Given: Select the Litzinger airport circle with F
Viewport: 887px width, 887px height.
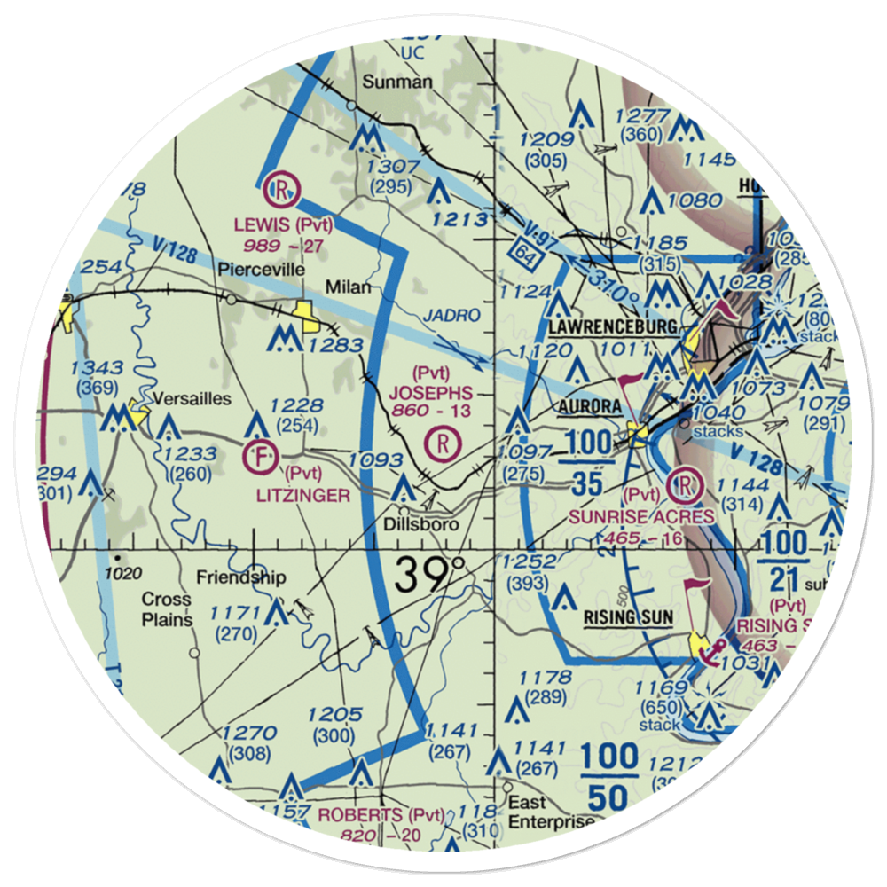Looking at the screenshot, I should coord(259,457).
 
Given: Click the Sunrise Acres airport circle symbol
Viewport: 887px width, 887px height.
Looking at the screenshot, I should coord(687,484).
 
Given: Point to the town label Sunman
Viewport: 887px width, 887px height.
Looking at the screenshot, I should coord(397,82).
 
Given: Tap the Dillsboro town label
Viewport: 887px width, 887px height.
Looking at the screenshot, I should coord(421,524).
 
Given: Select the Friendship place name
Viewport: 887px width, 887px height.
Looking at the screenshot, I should coord(241,578).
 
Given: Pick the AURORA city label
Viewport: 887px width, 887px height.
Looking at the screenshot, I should coord(590,405).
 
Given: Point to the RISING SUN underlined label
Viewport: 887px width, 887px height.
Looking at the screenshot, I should coord(628,617).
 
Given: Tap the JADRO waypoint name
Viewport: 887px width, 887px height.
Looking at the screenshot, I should coord(451,316).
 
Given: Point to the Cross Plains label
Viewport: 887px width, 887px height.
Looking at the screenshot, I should coord(168,609).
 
